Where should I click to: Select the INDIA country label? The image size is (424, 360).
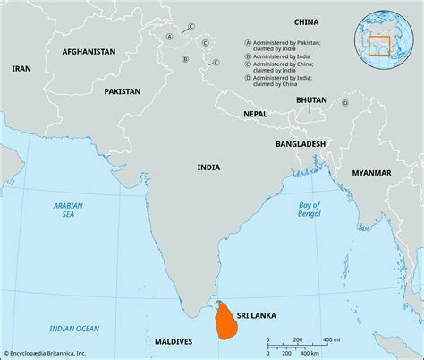209,167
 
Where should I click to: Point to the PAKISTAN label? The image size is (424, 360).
122,91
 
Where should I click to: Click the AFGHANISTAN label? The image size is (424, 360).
89,52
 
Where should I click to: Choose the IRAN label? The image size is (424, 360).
21,68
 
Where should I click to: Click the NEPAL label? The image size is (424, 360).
255,114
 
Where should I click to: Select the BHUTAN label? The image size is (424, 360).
310,101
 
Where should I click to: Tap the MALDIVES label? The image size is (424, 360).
173,341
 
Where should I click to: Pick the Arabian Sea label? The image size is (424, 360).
67,210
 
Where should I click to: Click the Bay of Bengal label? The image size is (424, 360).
309,211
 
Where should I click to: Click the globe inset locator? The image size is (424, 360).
385,35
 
